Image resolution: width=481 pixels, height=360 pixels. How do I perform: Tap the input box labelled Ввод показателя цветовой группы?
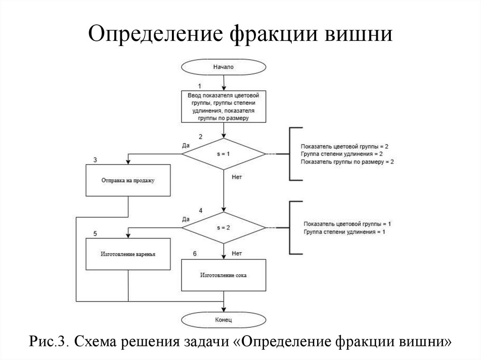(x=224, y=107)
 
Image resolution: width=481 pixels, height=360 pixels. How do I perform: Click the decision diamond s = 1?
(x=224, y=154)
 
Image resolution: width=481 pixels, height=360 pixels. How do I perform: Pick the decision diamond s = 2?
(x=224, y=227)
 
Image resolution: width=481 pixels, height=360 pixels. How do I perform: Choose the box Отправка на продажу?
(x=128, y=180)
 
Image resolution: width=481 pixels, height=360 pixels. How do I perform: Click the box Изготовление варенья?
(x=128, y=254)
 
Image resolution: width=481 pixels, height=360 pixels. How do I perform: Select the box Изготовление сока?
(x=224, y=276)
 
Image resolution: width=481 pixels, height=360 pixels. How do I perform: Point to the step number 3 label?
(x=95, y=160)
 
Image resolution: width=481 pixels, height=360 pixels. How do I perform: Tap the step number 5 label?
(x=95, y=233)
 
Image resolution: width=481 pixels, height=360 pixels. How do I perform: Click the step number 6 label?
(x=195, y=254)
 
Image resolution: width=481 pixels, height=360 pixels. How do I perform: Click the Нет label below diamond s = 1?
(x=237, y=177)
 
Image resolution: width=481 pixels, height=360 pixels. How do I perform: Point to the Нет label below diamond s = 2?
(x=237, y=253)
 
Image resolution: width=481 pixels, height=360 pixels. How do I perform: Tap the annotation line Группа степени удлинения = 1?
(x=345, y=232)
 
